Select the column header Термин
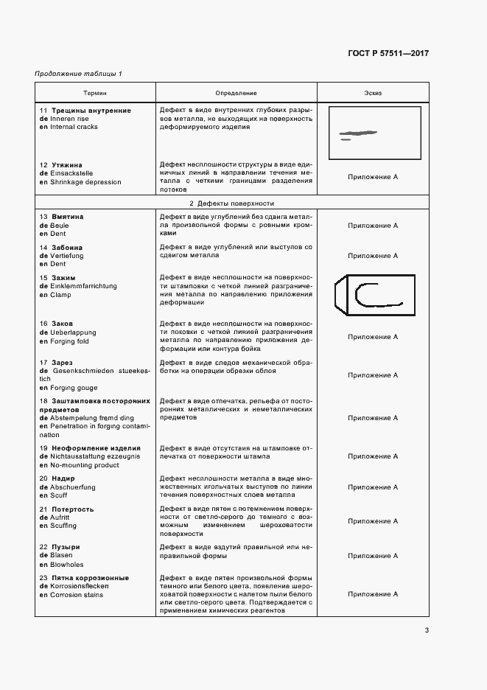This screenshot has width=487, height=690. click(94, 94)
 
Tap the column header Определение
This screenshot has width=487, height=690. click(236, 94)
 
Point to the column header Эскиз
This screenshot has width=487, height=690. click(373, 94)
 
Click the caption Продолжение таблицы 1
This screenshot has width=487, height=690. click(79, 74)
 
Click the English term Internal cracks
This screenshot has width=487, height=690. click(74, 127)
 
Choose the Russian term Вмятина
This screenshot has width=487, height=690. click(68, 217)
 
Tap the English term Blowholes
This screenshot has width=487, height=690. click(69, 563)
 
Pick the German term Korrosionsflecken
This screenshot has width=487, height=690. click(82, 586)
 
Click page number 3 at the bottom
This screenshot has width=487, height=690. click(427, 630)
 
